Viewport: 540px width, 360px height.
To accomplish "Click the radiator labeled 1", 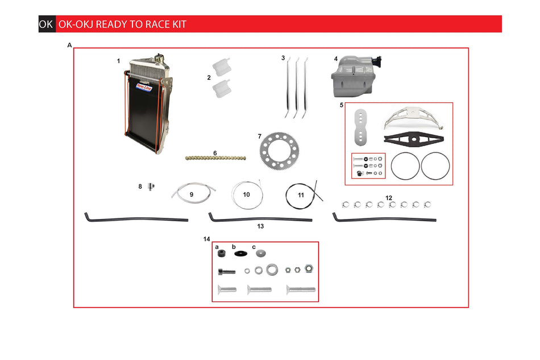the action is (x=148, y=104).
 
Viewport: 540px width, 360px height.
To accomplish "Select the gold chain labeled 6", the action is (x=215, y=158).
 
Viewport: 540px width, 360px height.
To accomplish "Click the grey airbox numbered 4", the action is (x=356, y=76).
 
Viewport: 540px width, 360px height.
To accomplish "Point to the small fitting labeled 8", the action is (x=151, y=187).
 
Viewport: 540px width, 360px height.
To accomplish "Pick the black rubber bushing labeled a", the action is (x=222, y=254).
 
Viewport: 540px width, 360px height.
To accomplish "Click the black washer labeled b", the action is (x=241, y=254).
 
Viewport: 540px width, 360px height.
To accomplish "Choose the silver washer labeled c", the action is (x=261, y=253).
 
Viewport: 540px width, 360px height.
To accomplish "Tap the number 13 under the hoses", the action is (x=260, y=226).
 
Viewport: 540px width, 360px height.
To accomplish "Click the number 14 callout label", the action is (x=207, y=239).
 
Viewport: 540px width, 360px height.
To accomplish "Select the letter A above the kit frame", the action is (x=69, y=45).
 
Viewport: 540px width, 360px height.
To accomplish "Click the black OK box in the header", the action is (x=47, y=24).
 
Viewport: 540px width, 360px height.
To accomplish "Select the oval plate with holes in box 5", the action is (x=360, y=127).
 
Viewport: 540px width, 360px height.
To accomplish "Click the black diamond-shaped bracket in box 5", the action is (x=414, y=139).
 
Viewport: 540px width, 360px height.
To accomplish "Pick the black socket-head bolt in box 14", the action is (x=226, y=272).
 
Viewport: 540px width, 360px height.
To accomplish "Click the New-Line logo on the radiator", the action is (x=144, y=87).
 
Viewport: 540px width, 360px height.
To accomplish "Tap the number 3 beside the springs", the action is (x=283, y=58).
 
